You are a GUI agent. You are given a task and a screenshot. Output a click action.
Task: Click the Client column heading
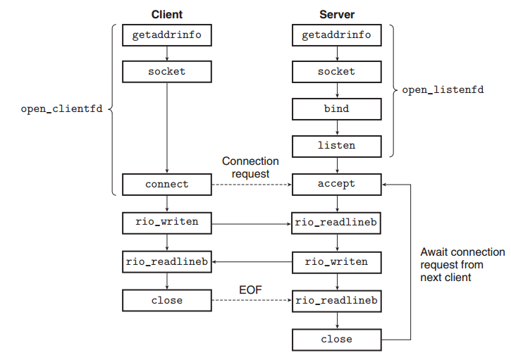167,14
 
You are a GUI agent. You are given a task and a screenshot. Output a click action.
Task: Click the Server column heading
337,14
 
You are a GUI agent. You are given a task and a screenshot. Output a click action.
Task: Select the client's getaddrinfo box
167,35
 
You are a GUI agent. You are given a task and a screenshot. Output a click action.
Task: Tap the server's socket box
337,72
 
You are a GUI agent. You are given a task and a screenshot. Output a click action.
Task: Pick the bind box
337,109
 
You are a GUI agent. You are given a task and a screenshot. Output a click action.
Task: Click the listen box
337,147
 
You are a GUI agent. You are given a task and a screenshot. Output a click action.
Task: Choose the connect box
167,185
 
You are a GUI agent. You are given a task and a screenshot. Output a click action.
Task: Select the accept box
337,185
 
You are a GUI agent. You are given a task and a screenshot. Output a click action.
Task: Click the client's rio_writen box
167,223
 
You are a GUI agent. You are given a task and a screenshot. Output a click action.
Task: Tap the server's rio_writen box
337,262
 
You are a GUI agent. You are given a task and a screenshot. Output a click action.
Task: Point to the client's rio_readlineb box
167,261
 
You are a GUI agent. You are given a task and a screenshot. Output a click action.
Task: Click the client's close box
167,300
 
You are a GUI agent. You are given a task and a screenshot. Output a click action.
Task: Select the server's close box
337,340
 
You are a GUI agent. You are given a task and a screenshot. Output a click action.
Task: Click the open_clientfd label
61,108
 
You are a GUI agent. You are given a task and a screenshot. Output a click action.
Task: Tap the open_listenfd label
443,90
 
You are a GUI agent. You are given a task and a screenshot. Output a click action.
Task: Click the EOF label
250,290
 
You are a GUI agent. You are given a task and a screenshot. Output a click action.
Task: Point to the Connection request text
250,168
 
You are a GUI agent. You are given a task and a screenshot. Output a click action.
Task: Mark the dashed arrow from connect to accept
252,185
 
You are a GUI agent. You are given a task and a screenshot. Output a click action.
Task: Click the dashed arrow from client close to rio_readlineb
252,300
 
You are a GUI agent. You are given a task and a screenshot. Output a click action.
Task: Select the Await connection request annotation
462,265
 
